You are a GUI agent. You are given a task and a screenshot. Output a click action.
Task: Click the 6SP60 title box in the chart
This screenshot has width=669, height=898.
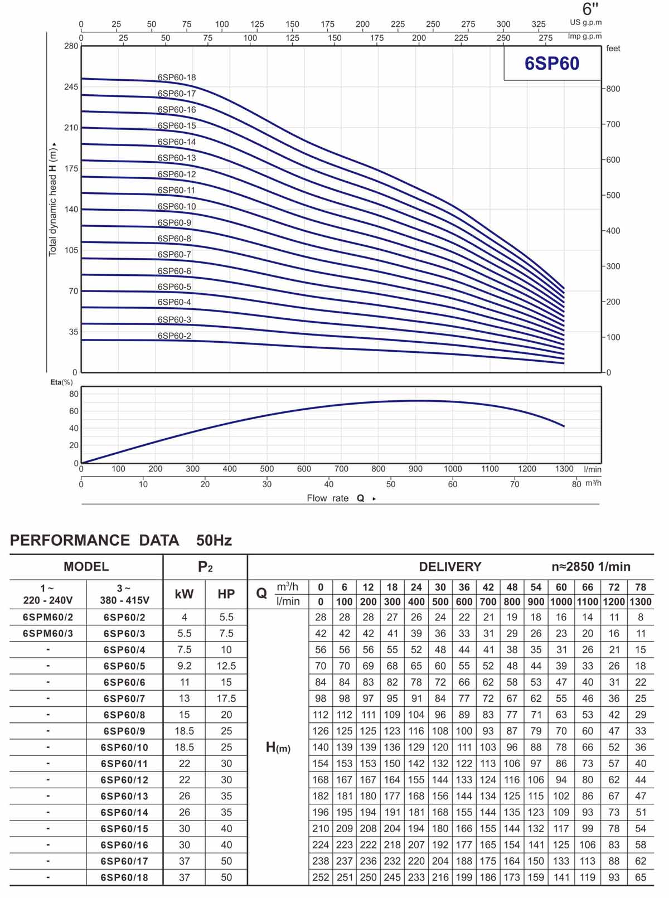coord(552,64)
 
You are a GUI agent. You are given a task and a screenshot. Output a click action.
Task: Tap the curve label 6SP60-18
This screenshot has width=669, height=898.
coord(177,77)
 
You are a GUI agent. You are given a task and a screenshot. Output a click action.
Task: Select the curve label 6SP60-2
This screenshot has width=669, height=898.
coord(174,336)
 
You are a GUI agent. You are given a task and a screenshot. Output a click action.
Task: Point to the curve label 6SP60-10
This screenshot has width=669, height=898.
coord(177,206)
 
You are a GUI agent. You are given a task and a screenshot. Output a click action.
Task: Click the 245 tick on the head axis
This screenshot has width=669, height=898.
coord(71,87)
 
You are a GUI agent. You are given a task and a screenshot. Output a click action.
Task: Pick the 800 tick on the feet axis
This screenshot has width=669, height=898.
coord(613,89)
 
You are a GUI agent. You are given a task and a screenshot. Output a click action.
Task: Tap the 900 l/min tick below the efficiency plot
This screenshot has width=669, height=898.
coord(415,469)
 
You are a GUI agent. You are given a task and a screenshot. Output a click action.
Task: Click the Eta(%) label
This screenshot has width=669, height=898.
coord(61,382)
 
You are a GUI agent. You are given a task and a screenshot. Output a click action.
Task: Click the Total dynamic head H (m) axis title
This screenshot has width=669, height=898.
coord(53,201)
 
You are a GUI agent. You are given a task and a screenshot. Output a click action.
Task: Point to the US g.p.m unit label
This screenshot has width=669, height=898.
coord(585,22)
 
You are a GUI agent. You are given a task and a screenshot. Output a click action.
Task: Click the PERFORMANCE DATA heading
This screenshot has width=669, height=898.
coord(95,540)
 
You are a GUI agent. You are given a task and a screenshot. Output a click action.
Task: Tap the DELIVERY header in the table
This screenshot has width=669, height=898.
coord(450,566)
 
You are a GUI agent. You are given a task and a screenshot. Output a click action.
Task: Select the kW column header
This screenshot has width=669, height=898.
coord(184,594)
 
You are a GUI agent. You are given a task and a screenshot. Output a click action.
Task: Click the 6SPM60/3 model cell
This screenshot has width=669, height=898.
coord(48,633)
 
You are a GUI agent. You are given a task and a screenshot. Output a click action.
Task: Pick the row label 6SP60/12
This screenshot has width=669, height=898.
coord(124,779)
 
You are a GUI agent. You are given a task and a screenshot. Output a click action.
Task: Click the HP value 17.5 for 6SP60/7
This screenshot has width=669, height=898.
coord(226,698)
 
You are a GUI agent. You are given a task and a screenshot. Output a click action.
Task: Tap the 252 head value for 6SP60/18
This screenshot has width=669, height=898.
coord(321,877)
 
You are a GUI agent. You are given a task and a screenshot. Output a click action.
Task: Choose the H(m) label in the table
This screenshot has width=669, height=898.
coord(278,747)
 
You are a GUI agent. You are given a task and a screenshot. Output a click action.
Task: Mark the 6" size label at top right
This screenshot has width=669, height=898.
coord(590,9)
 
